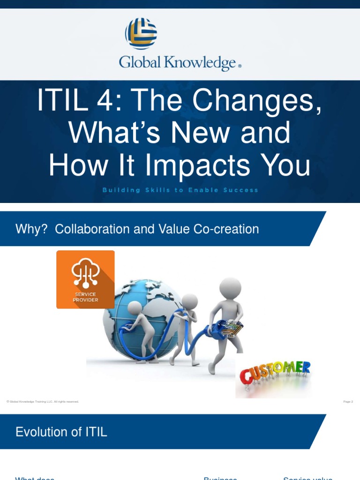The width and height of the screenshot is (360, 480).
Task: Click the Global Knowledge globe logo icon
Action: [141, 34]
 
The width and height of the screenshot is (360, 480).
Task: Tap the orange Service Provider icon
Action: [85, 279]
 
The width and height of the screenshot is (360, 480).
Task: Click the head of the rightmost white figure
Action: [230, 288]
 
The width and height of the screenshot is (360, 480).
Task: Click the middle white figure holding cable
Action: [185, 328]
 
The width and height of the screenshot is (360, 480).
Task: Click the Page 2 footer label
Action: [348, 402]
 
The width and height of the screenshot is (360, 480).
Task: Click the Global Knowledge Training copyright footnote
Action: [43, 402]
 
